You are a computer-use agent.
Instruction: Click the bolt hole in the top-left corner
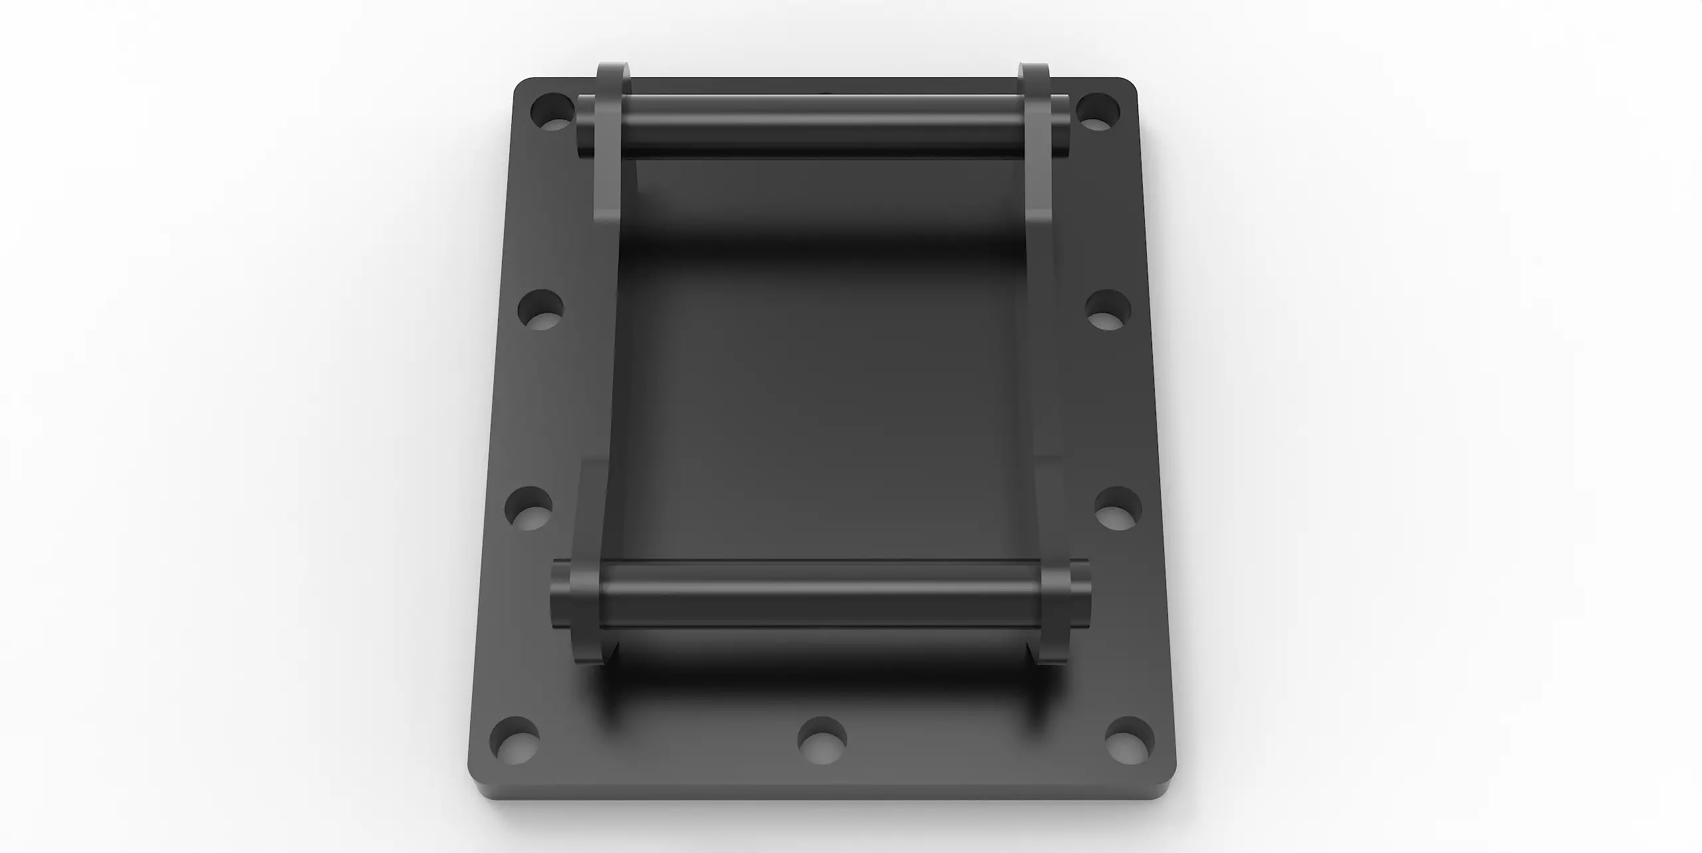point(553,112)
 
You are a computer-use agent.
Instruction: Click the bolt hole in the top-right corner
point(1098,112)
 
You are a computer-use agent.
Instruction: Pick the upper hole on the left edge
point(541,309)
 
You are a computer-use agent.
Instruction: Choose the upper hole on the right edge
point(1108,309)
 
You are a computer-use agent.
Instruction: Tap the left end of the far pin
point(585,126)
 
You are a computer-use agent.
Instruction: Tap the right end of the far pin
point(1062,126)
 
